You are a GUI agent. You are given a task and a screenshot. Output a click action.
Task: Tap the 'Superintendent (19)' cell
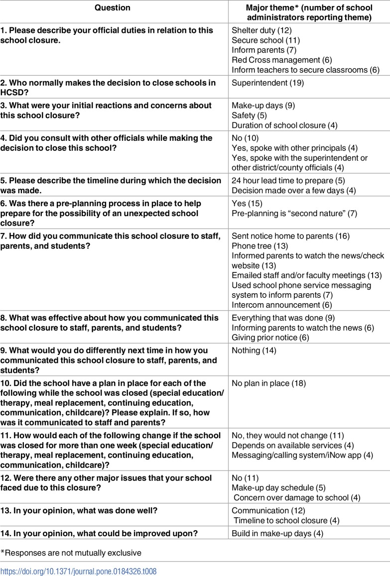point(267,83)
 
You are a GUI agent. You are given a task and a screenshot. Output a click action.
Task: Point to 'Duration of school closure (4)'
point(285,125)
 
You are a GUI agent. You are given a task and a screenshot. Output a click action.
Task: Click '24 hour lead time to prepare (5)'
point(288,181)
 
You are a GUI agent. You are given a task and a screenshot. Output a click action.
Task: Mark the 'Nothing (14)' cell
point(253,351)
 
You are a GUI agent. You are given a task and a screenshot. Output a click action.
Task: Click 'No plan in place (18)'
point(268,383)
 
